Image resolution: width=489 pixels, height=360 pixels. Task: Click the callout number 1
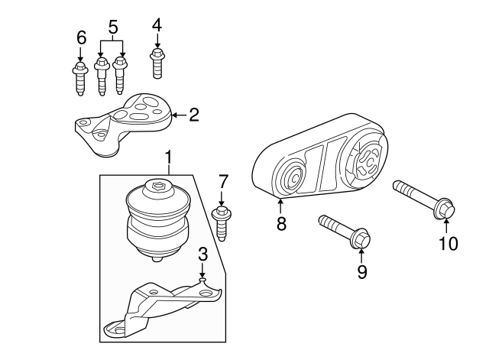(x=168, y=157)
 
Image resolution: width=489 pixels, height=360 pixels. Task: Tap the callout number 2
(x=194, y=115)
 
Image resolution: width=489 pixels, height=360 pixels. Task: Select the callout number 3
(x=202, y=255)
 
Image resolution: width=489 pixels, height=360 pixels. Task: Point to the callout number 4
(x=157, y=25)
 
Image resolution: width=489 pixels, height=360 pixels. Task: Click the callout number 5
(x=113, y=27)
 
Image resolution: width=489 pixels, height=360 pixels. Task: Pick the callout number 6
(x=81, y=38)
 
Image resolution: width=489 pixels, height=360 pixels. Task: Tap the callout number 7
(x=222, y=182)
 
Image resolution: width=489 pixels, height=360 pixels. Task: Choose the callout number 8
(x=281, y=223)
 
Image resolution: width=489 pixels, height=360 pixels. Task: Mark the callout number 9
(x=362, y=271)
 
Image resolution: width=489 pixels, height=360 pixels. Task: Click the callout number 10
(x=449, y=243)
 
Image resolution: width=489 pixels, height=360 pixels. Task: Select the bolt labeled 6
(x=80, y=79)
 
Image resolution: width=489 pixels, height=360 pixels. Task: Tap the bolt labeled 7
(x=222, y=223)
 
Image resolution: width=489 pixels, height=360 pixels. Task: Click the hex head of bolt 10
(x=445, y=209)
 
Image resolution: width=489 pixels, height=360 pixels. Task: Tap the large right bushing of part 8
(x=367, y=160)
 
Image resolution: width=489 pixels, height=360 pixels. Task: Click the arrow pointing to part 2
(x=179, y=115)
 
